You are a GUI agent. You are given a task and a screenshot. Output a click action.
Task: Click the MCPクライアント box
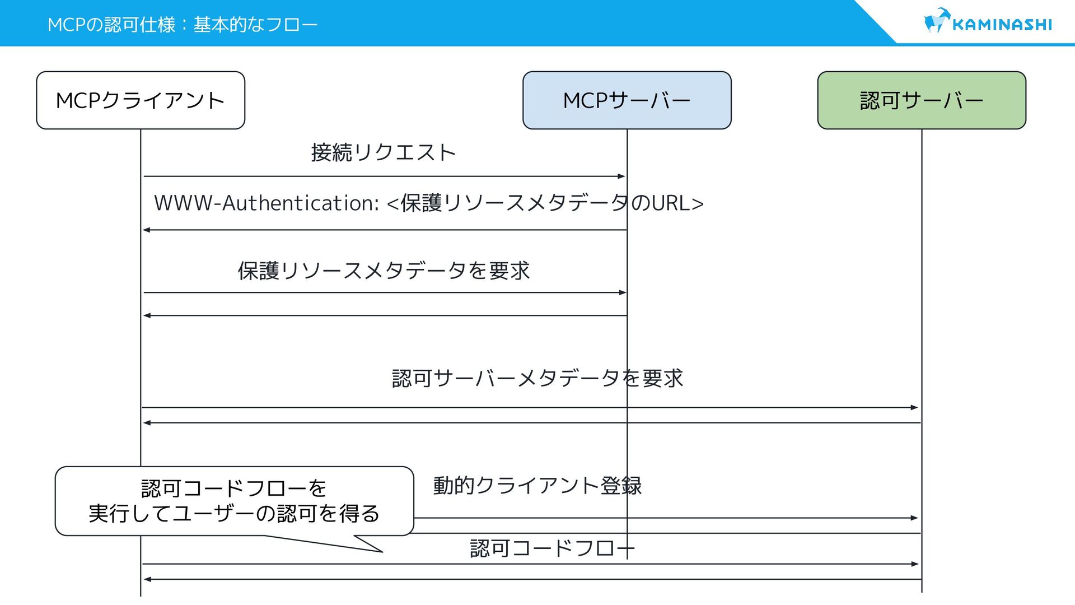pos(141,100)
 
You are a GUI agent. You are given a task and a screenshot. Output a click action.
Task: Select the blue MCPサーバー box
pos(627,100)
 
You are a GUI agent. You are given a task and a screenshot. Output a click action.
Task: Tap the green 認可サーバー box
pos(922,100)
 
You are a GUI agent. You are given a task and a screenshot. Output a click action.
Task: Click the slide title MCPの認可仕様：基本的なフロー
pos(183,25)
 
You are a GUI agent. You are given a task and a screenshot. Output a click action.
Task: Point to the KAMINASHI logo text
pos(1002,25)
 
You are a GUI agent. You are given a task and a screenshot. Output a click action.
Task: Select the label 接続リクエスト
pos(384,152)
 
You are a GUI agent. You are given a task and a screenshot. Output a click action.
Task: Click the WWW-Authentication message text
pos(428,203)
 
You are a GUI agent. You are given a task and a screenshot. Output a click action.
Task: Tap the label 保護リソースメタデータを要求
pos(384,271)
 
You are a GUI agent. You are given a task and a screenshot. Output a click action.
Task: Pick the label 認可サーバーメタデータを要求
pos(537,378)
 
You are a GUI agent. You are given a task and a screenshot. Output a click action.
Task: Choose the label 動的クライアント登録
pos(537,485)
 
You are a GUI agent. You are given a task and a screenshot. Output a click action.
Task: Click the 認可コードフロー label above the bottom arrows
pos(551,548)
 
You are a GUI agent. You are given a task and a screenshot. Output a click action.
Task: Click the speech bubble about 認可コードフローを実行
pos(234,501)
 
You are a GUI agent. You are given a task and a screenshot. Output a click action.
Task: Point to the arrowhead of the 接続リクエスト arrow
pos(621,176)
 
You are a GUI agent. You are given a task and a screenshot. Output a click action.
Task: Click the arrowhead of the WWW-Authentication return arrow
pos(147,230)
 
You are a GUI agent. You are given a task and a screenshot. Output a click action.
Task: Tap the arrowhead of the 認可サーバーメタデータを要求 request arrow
pos(915,408)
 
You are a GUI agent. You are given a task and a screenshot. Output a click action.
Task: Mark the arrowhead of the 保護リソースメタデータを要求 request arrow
pos(623,292)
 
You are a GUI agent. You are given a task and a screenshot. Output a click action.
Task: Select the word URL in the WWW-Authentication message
pos(671,203)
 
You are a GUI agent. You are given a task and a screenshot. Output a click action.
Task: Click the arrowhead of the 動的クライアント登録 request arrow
pos(915,518)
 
